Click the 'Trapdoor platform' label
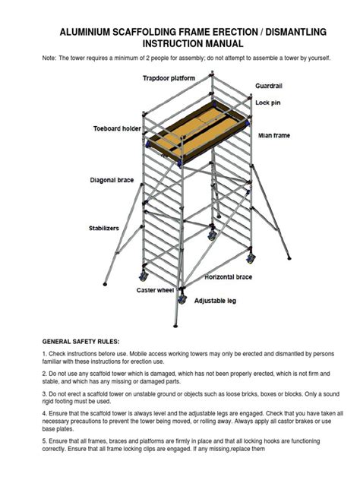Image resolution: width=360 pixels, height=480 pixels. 169,78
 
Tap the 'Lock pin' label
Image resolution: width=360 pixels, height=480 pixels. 268,102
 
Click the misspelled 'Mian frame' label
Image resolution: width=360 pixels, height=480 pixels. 274,136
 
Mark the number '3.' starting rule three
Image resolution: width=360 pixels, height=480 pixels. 45,394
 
